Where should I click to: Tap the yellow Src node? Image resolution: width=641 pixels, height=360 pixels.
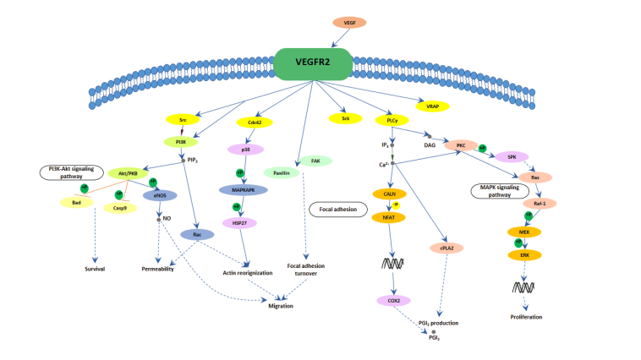[x=183, y=120]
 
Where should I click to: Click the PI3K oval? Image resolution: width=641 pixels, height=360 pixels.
[x=180, y=142]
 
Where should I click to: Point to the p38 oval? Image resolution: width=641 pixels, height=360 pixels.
[x=246, y=149]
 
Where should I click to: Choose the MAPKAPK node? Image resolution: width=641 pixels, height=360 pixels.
[x=244, y=190]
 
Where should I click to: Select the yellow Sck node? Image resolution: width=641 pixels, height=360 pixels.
[x=345, y=119]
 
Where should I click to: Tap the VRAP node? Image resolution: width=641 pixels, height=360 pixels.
[x=433, y=106]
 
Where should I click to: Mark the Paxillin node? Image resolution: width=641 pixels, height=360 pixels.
[x=281, y=172]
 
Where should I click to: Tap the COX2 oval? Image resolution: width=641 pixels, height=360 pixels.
[x=393, y=300]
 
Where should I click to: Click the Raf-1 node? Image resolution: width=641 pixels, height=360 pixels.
[x=540, y=203]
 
